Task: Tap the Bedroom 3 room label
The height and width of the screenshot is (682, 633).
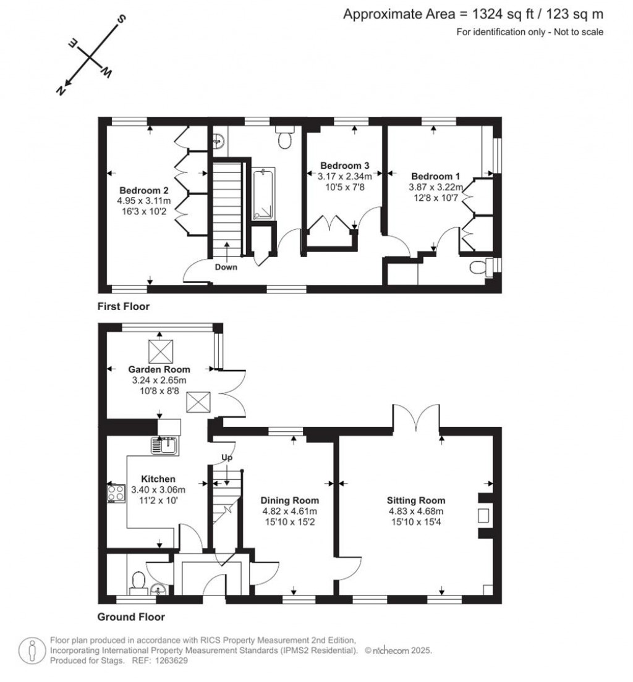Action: coord(344,166)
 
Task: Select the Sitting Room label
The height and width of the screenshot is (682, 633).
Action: coord(416,500)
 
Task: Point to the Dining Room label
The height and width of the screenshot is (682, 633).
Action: coord(289,500)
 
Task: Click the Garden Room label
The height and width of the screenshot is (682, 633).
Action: coord(159,369)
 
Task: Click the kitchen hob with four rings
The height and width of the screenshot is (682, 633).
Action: coord(115,492)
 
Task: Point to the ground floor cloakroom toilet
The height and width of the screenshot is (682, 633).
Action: coord(138,581)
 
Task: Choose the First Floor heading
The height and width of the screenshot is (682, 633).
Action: coord(124,306)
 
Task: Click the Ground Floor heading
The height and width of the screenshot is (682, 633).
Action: coord(131,617)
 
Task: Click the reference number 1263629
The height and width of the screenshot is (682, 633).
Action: coord(170,660)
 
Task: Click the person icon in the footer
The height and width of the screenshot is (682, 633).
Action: coord(31,650)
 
